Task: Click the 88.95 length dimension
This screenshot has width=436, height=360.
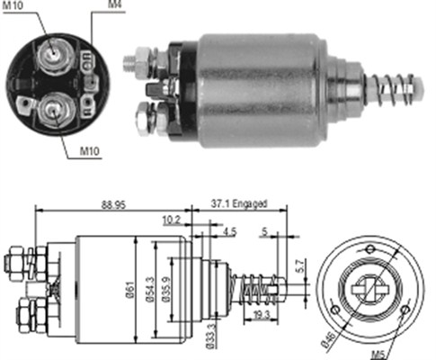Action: click(111, 205)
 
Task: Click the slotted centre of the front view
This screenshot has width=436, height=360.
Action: click(369, 289)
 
